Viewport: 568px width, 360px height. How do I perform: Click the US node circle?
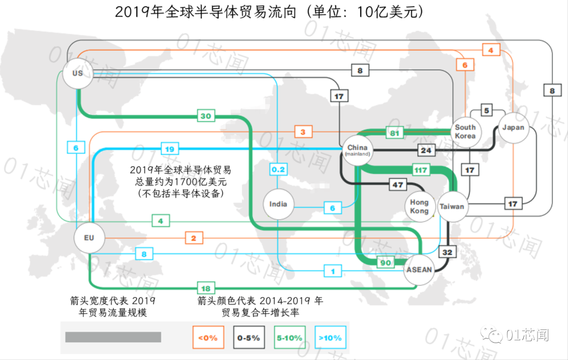tap(77, 73)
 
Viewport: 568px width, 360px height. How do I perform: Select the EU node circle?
tap(89, 238)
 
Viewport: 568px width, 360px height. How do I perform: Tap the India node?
tap(278, 204)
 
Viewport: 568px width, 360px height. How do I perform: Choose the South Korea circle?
tap(465, 132)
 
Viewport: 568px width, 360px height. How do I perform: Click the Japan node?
tap(513, 127)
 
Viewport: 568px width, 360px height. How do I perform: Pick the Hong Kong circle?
tap(419, 206)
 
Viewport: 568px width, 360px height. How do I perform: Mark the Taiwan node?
tap(452, 206)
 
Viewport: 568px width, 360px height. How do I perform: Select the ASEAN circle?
tap(419, 269)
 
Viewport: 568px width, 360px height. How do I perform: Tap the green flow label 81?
tap(394, 133)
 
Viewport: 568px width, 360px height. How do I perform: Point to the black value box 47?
tap(398, 185)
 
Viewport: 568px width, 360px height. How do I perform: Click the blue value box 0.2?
tap(278, 169)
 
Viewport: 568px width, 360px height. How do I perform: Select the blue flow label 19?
tap(170, 149)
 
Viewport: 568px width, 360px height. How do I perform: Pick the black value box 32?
tap(448, 252)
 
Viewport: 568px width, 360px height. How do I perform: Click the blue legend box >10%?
tap(330, 337)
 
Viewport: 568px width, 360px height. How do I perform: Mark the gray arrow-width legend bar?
tap(113, 337)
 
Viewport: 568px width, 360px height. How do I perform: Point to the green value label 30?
tap(206, 116)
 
